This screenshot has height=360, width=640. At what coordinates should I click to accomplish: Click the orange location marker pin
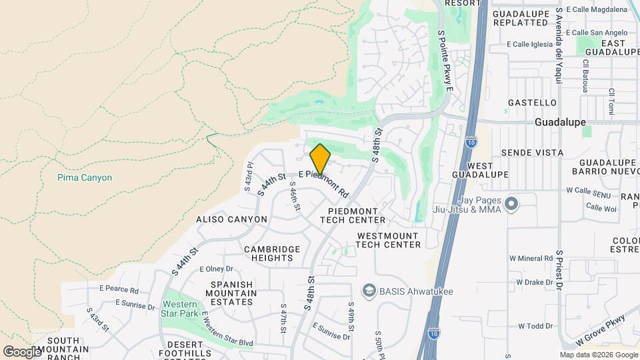click(x=320, y=159)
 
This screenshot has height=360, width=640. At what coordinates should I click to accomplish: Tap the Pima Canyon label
click(x=85, y=178)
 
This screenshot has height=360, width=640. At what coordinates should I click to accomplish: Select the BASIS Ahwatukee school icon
click(x=368, y=290)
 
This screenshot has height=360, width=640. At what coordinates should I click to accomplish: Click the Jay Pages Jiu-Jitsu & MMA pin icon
click(x=512, y=203)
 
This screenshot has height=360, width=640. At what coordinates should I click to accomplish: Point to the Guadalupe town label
click(x=560, y=123)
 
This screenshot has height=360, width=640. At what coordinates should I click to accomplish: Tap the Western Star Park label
click(x=179, y=308)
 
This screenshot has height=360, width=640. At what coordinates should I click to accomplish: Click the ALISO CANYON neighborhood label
click(x=231, y=219)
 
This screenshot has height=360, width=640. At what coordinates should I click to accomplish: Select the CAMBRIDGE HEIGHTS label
click(x=271, y=254)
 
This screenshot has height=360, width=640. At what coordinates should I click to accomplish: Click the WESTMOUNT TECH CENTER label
click(x=389, y=240)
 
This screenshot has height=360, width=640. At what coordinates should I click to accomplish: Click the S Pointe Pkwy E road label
click(x=445, y=61)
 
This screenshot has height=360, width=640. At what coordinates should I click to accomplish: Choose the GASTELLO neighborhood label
click(x=532, y=103)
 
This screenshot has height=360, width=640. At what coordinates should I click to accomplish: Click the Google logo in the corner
click(x=22, y=351)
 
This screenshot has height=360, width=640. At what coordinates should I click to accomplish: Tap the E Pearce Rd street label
click(x=119, y=290)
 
